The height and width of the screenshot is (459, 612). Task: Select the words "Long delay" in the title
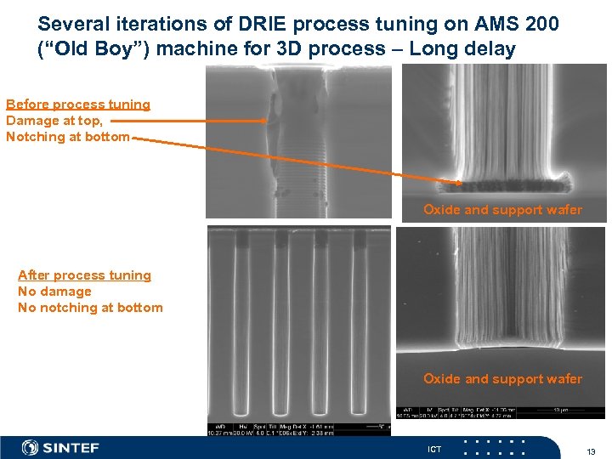point(462,49)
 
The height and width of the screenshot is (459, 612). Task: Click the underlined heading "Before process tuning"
point(78,105)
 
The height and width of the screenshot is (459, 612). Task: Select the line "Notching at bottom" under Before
point(68,137)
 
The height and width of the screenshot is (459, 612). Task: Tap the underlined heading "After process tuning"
point(84,275)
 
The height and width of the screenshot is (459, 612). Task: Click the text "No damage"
point(54,292)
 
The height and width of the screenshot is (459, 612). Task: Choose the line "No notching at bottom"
point(90,308)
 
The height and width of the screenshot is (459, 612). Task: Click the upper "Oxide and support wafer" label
point(502,210)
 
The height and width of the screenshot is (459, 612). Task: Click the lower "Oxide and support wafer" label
point(502,379)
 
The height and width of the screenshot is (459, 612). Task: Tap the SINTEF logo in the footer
point(60,448)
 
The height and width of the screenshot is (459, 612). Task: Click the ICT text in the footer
point(434,449)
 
